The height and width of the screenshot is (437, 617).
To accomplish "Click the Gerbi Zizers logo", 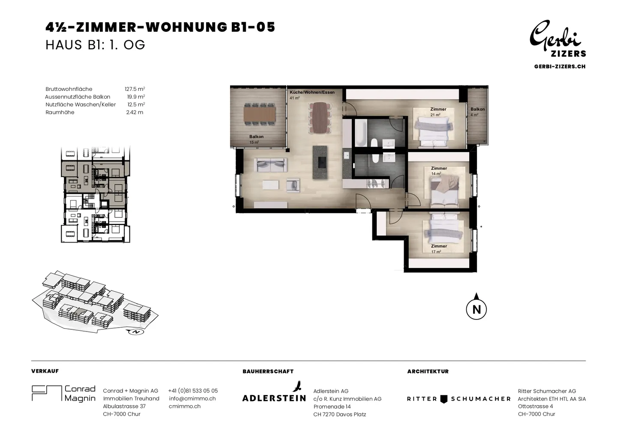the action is [x=558, y=39].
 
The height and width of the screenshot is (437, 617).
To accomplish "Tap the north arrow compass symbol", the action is [x=476, y=307].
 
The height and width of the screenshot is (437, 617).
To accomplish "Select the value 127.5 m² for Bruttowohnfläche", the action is [x=135, y=89].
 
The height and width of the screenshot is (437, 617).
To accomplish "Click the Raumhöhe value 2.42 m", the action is [x=135, y=112].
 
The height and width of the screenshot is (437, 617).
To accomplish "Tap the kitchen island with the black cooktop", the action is [x=320, y=163].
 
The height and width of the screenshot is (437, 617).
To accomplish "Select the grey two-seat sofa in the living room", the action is [x=270, y=165].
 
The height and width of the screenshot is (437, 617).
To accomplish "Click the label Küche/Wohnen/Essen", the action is [x=312, y=92].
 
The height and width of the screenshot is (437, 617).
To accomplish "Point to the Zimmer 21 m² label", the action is [x=438, y=112].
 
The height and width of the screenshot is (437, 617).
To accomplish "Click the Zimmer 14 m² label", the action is [x=439, y=171].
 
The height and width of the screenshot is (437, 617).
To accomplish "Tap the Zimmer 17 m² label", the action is [x=439, y=249].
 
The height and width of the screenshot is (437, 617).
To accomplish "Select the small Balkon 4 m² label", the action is [x=477, y=112].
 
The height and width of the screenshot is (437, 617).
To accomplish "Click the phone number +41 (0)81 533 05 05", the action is [x=193, y=391].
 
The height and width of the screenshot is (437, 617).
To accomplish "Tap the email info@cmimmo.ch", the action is [x=192, y=398].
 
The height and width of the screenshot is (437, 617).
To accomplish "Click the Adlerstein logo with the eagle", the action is [x=274, y=392].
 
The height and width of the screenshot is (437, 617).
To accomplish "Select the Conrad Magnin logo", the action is [x=63, y=393].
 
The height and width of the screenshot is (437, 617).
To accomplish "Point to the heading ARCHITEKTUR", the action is [x=428, y=371].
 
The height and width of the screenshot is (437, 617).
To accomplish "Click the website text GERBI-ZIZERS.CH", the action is [x=560, y=66].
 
